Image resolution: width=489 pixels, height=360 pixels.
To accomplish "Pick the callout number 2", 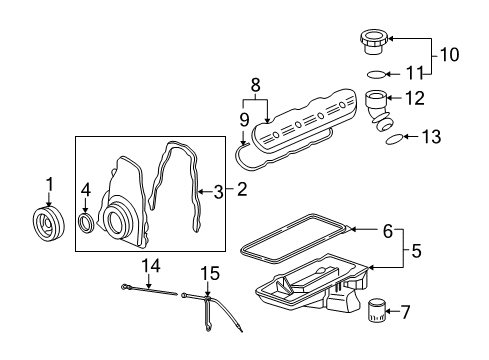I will (x=241, y=188).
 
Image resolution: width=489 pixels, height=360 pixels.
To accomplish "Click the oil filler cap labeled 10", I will (x=373, y=43).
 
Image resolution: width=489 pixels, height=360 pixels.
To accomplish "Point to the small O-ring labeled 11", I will (x=373, y=75).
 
